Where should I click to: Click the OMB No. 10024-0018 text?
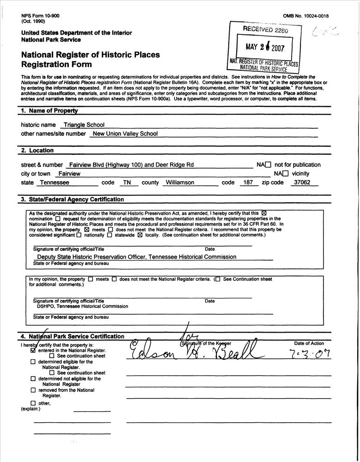[305, 16]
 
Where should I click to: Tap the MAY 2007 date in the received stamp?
[264, 48]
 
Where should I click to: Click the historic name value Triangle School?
[84, 125]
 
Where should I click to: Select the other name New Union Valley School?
[125, 134]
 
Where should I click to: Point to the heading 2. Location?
[37, 151]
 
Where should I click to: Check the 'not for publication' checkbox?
[268, 165]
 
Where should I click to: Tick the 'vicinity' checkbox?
[286, 174]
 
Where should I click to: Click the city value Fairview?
[68, 174]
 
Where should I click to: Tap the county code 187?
[248, 182]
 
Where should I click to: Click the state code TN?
[127, 182]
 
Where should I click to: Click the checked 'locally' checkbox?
[140, 235]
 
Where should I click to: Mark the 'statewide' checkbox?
[110, 235]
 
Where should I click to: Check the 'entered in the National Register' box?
[33, 351]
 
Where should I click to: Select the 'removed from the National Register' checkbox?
[33, 390]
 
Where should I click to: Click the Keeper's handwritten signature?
[194, 353]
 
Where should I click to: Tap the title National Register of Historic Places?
[90, 55]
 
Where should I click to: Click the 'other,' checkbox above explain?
[33, 403]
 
